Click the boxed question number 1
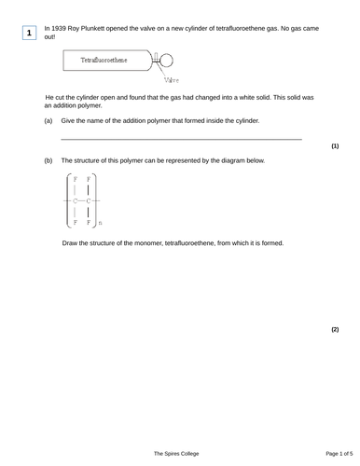coord(30,34)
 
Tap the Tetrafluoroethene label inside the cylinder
coord(104,60)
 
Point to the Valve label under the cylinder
coord(173,81)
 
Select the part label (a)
coord(48,121)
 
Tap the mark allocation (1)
coord(335,146)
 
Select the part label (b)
coord(48,160)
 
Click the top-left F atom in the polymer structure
coord(76,179)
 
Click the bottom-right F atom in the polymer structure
coord(89,222)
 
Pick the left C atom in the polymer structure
coord(76,200)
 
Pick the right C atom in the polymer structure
coord(89,200)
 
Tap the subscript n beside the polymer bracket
coord(101,224)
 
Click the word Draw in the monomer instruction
coord(72,243)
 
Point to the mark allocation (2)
coord(335,330)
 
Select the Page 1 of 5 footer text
coord(332,453)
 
